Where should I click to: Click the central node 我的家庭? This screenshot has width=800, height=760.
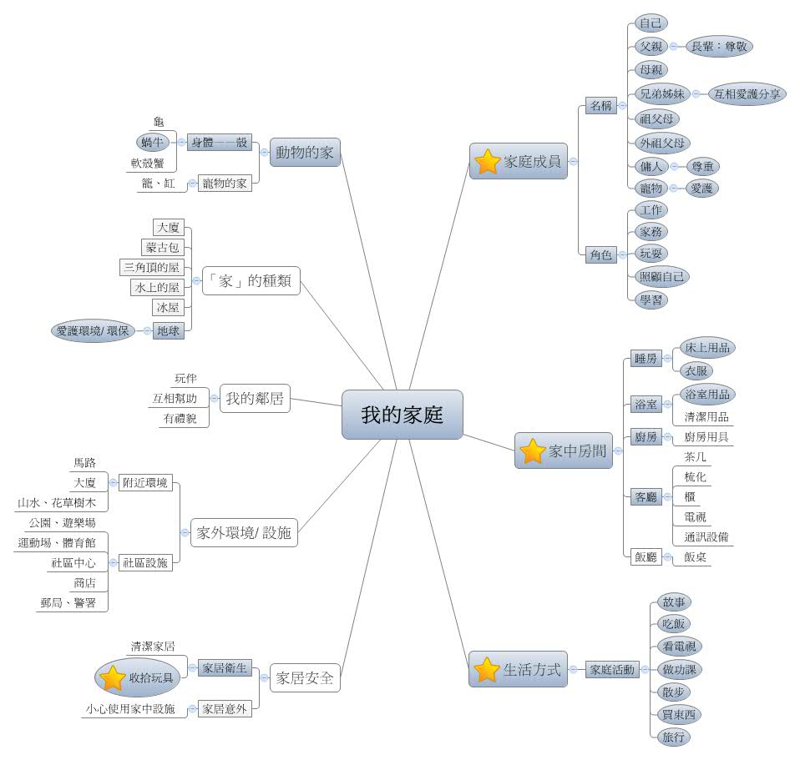(x=402, y=415)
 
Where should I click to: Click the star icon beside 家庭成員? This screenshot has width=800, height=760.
(x=485, y=162)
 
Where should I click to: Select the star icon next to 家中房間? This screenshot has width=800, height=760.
(x=532, y=451)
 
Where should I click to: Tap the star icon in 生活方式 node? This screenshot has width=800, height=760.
(x=486, y=669)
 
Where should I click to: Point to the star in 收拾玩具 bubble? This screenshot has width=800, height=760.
(x=113, y=677)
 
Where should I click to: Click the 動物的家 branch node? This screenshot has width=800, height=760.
(x=306, y=152)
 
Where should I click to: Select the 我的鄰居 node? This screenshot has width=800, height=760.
(x=255, y=399)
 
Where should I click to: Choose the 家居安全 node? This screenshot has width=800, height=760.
(x=305, y=678)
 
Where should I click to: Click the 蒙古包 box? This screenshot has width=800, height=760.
(x=163, y=247)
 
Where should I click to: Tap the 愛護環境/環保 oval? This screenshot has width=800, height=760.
(x=93, y=330)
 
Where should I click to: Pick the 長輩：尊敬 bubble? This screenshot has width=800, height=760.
(x=718, y=47)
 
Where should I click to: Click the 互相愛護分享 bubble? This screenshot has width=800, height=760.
(x=747, y=93)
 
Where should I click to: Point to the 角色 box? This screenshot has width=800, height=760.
(x=600, y=254)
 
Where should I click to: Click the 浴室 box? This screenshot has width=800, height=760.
(x=646, y=404)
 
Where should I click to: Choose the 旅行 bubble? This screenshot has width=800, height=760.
(x=675, y=737)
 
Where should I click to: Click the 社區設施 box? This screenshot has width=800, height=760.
(x=145, y=562)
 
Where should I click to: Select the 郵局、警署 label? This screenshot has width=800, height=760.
(x=73, y=602)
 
